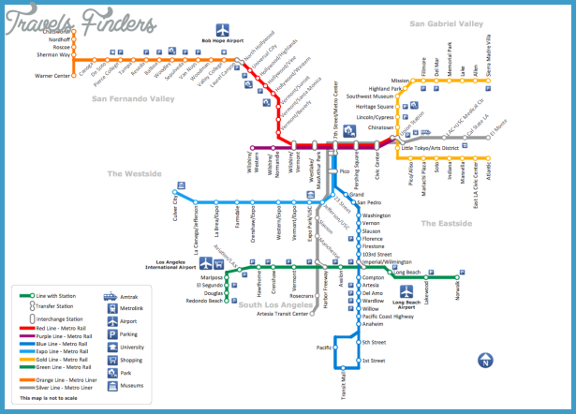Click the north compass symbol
tap(485, 360)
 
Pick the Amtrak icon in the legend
tap(110, 296)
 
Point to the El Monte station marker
tap(489, 135)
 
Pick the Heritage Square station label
tap(370, 107)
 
